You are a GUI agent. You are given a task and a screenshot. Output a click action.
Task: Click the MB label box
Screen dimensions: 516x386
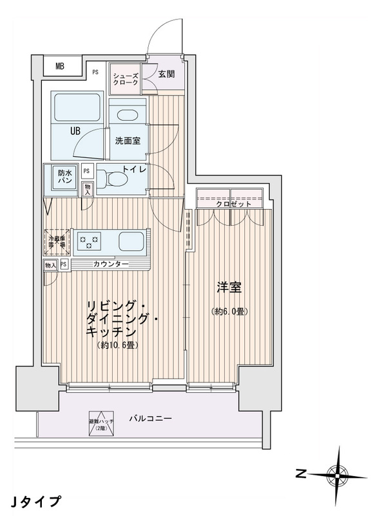pos(60,66)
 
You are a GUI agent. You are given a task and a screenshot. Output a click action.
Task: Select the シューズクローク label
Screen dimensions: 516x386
pos(124,79)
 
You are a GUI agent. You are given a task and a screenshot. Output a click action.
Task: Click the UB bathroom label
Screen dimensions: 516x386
pos(75,131)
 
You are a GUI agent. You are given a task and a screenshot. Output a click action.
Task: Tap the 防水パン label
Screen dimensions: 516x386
pos(64,177)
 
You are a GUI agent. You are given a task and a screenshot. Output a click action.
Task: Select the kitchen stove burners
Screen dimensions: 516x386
pos(90,242)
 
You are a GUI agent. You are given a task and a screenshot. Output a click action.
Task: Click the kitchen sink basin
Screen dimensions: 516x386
pos(131,242)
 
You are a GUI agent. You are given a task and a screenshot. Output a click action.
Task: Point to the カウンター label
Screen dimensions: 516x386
pos(111,265)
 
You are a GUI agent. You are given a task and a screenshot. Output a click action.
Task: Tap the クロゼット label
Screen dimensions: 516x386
pos(231,204)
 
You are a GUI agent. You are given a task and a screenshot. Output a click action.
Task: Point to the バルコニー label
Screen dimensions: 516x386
pos(150,419)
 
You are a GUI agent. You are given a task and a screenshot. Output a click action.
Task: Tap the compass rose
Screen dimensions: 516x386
pos(336,474)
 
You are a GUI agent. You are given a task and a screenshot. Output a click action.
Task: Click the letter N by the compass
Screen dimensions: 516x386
pos(300,474)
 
